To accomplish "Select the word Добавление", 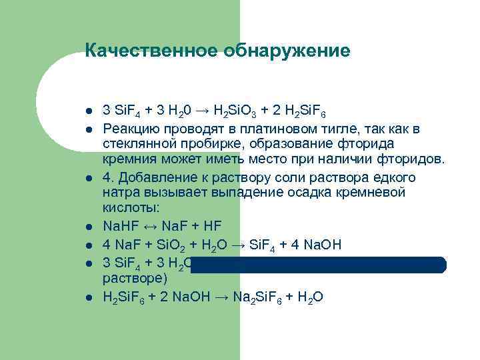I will click(x=154, y=177).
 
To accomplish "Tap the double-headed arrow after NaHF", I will click(x=153, y=227).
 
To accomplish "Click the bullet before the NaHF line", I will click(x=88, y=227).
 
